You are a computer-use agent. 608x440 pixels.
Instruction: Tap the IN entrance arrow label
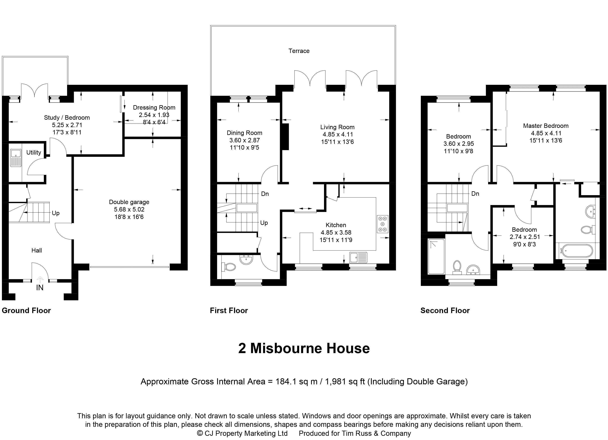[40, 288]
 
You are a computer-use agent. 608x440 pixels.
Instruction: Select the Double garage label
[129, 202]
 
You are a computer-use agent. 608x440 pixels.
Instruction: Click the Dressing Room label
[154, 107]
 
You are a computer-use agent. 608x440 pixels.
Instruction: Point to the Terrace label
[299, 51]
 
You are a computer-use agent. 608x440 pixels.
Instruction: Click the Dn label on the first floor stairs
[265, 194]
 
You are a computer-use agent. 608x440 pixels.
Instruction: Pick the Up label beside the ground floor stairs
[55, 213]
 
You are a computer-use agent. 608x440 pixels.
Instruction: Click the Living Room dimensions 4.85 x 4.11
[338, 135]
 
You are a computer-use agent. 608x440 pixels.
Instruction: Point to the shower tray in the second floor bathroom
[436, 256]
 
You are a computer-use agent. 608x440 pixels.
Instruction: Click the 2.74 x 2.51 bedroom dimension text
[524, 237]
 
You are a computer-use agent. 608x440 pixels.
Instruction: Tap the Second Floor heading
[445, 311]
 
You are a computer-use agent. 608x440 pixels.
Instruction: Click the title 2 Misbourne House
[304, 348]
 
